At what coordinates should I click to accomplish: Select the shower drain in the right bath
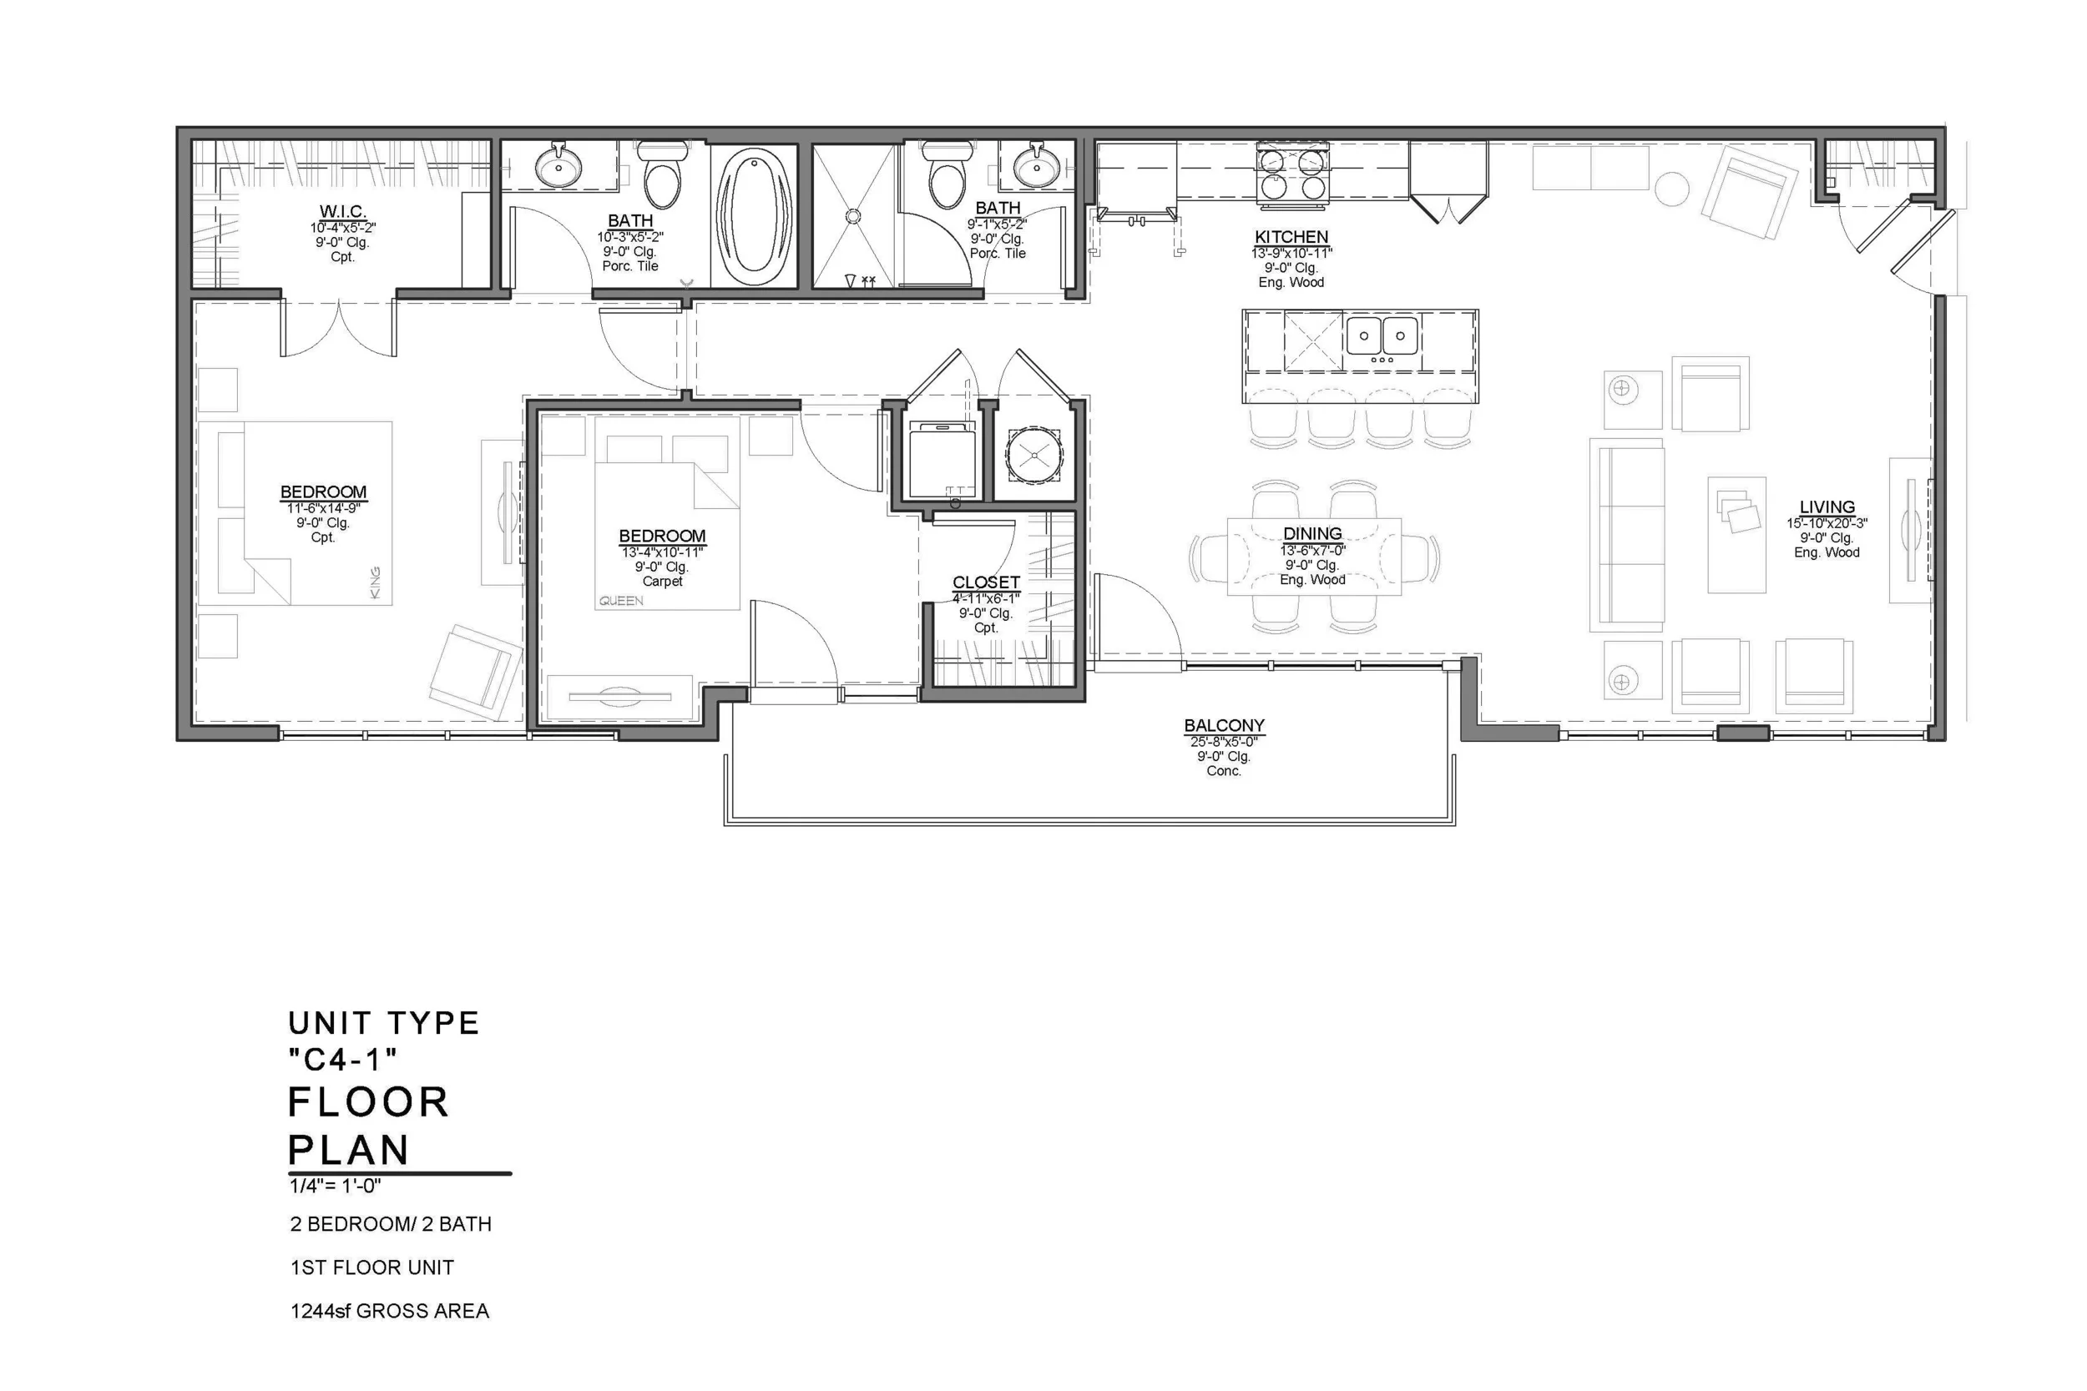[x=852, y=215]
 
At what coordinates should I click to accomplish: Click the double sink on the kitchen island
[x=1382, y=336]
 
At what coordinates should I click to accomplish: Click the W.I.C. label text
[x=342, y=211]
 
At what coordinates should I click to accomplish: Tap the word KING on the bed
[x=375, y=582]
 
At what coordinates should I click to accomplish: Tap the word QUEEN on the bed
[x=620, y=601]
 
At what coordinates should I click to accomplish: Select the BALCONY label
[x=1224, y=725]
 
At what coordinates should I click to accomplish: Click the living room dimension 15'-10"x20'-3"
[x=1827, y=523]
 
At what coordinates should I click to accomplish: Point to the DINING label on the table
[x=1311, y=533]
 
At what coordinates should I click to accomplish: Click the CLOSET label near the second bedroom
[x=986, y=582]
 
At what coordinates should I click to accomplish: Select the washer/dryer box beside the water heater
[x=942, y=461]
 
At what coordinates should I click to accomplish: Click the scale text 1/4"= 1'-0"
[x=335, y=1185]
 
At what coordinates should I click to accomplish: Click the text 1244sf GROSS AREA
[x=390, y=1310]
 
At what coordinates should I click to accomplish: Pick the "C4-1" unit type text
[x=342, y=1059]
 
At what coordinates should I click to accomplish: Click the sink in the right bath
[x=1035, y=166]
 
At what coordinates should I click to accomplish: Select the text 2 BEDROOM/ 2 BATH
[x=391, y=1223]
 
